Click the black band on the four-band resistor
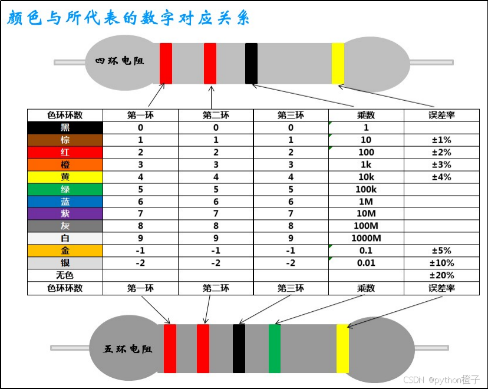(252, 63)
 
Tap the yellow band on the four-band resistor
(338, 63)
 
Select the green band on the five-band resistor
(275, 348)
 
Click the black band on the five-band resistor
(239, 348)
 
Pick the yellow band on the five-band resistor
(342, 348)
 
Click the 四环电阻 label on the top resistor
(120, 61)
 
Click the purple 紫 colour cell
(65, 213)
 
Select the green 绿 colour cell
(65, 189)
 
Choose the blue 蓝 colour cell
(65, 202)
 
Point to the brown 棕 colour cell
(65, 140)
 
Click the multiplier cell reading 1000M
(366, 238)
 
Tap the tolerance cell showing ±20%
(441, 275)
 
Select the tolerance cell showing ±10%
(441, 263)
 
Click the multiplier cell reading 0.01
(366, 263)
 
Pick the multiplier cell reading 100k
(366, 189)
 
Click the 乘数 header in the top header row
(366, 116)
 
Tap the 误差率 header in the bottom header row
(441, 288)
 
